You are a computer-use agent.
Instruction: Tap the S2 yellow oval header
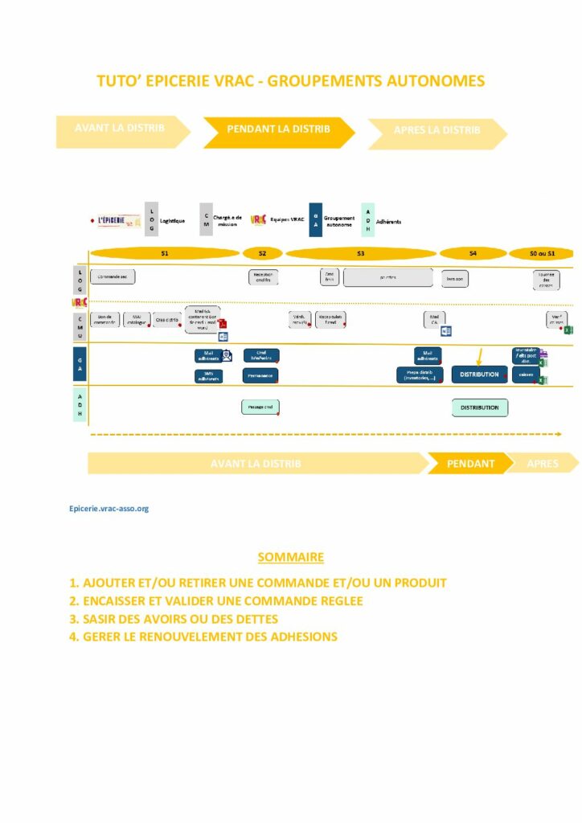(x=263, y=253)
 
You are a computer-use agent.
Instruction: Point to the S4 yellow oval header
(x=473, y=253)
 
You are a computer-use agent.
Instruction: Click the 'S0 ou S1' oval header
(x=543, y=253)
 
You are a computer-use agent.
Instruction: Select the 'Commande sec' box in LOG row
(x=113, y=277)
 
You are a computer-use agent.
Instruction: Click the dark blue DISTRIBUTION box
(x=479, y=375)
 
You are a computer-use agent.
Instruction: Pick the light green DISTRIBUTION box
(x=479, y=407)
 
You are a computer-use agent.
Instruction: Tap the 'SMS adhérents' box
(x=208, y=375)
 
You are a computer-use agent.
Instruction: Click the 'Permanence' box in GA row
(x=260, y=375)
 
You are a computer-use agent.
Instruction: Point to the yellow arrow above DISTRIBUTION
(x=479, y=356)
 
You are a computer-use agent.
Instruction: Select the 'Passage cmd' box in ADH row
(x=260, y=407)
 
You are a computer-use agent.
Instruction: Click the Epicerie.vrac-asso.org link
(x=109, y=508)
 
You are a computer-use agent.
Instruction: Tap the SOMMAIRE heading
(x=290, y=557)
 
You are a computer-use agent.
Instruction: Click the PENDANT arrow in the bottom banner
(x=470, y=464)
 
